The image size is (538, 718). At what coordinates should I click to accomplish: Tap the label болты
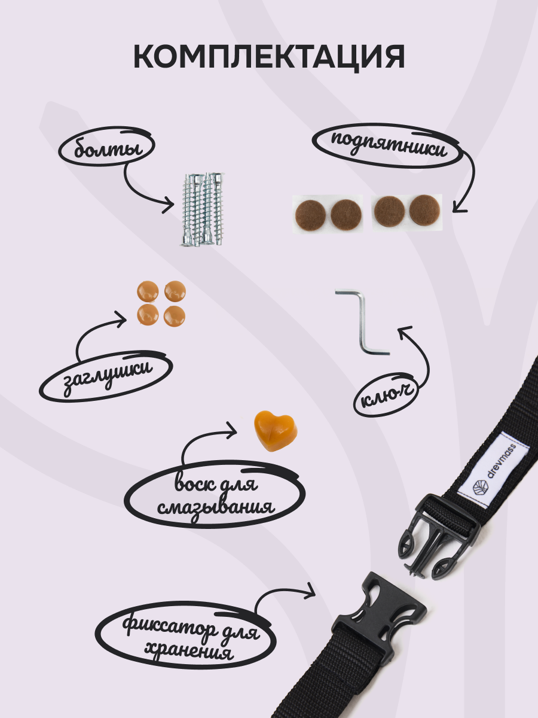click(106, 148)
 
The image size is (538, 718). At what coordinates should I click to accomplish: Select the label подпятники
click(389, 145)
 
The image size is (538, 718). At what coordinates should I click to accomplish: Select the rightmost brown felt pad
click(424, 211)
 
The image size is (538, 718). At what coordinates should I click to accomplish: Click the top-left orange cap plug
click(147, 291)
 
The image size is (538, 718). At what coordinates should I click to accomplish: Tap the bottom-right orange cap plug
click(175, 315)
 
